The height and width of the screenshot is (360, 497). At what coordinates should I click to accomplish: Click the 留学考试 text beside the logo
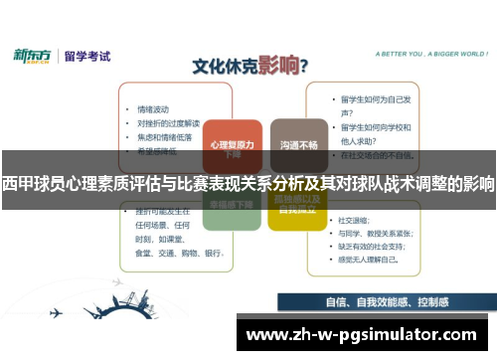click(x=86, y=57)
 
